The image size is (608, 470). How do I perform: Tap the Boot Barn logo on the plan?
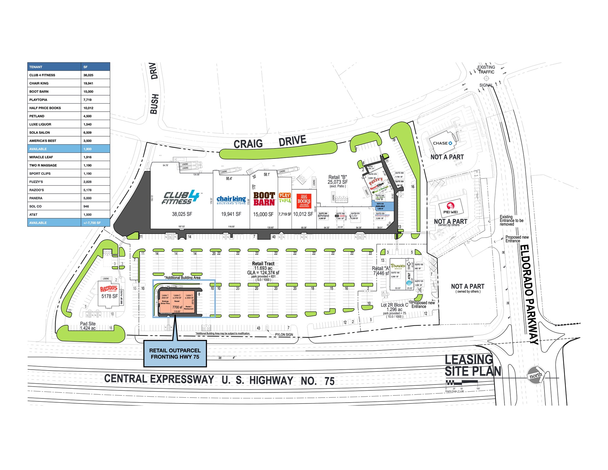click(264, 199)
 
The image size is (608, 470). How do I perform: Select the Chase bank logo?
click(442, 143)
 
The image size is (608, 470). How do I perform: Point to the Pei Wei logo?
click(451, 208)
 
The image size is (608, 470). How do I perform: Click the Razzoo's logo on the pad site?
click(109, 289)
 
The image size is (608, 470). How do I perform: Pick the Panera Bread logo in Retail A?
click(398, 266)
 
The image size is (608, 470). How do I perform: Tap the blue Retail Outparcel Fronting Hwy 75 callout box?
click(175, 354)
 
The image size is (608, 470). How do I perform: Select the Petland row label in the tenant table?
click(37, 116)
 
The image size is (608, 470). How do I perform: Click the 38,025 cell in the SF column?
click(88, 75)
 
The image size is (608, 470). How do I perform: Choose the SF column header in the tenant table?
click(85, 67)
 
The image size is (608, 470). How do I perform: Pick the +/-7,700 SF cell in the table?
click(92, 223)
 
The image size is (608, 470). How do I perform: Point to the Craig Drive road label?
click(270, 142)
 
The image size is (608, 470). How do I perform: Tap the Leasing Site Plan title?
click(473, 365)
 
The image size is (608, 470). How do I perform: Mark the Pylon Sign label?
click(284, 335)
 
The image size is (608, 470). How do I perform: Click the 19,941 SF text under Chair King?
click(231, 214)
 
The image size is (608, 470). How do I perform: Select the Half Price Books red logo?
click(304, 201)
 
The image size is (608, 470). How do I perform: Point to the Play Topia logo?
click(285, 198)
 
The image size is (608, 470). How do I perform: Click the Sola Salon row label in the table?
click(39, 132)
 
